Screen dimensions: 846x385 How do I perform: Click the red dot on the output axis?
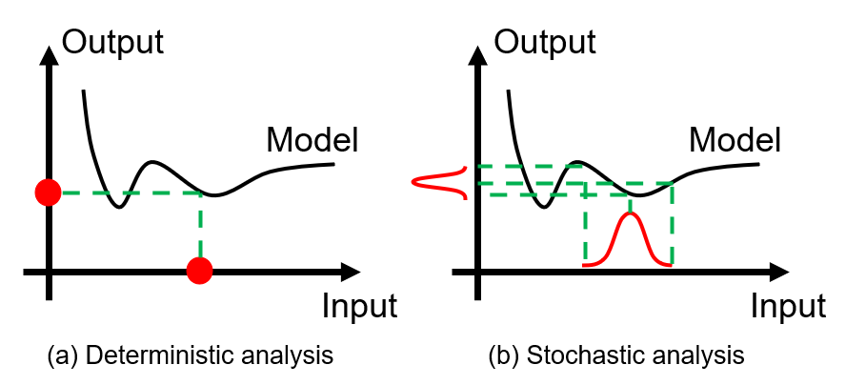pos(48,192)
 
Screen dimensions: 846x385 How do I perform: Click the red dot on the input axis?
pos(200,270)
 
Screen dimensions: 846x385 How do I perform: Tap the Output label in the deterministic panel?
pos(112,42)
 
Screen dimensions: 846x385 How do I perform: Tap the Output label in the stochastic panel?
pos(546,42)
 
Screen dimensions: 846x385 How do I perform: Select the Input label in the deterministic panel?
pos(360,306)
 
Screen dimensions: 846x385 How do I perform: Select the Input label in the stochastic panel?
pos(788,306)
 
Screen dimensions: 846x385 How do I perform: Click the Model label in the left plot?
pos(312,140)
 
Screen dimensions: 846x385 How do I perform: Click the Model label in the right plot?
pos(735,140)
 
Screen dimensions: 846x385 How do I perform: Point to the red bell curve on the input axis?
pos(629,238)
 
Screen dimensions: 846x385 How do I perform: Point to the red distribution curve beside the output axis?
pos(438,183)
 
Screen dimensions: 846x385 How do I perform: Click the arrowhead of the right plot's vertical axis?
pos(477,55)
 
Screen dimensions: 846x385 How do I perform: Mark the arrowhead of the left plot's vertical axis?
pos(50,55)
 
